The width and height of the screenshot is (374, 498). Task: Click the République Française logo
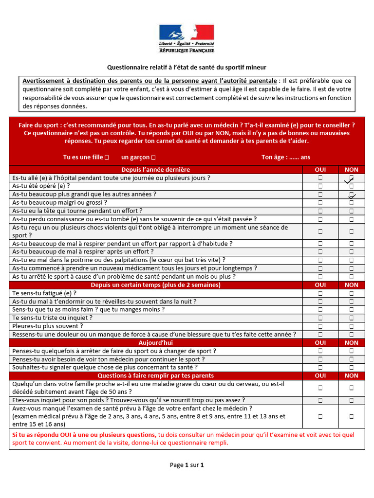pos(187,38)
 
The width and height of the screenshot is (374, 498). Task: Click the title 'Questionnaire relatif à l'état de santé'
pos(187,67)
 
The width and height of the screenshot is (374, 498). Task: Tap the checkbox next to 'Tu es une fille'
pos(107,157)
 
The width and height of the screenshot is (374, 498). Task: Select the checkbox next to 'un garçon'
pos(153,157)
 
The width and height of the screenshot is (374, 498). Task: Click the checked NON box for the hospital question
pos(351,178)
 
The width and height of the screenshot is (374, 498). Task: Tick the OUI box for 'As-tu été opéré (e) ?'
pos(320,186)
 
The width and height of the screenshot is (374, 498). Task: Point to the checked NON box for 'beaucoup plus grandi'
pos(351,195)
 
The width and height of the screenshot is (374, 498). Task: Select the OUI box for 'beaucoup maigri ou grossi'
pos(320,203)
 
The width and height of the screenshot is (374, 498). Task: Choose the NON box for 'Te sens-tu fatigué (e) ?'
pos(351,293)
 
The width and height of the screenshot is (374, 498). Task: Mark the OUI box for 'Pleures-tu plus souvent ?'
pos(320,326)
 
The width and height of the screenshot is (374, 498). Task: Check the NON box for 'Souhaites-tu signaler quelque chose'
pos(351,368)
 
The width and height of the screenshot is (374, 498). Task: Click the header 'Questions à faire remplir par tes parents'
pos(156,376)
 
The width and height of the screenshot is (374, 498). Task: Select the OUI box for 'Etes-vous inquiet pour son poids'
pos(320,400)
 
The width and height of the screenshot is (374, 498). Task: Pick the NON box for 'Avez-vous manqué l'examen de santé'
pos(351,417)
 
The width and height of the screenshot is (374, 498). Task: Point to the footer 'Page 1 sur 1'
pos(187,465)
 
